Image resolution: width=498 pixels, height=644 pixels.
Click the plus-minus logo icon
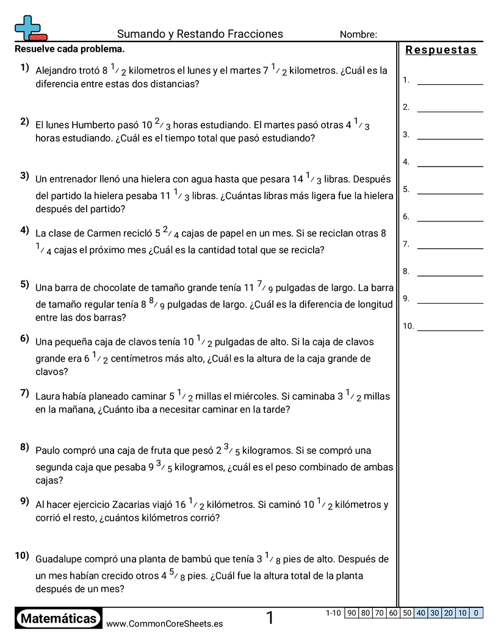point(30,28)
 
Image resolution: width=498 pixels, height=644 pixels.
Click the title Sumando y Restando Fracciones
point(200,34)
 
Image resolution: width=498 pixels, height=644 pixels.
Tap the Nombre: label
point(358,35)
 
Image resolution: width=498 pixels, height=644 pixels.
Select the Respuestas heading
point(441,50)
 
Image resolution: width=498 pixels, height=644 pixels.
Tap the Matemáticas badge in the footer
point(59,619)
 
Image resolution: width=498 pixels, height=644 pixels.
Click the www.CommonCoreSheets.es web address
point(164,624)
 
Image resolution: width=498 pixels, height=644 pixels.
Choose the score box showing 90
point(352,613)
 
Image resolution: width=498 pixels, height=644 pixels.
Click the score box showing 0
point(476,613)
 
